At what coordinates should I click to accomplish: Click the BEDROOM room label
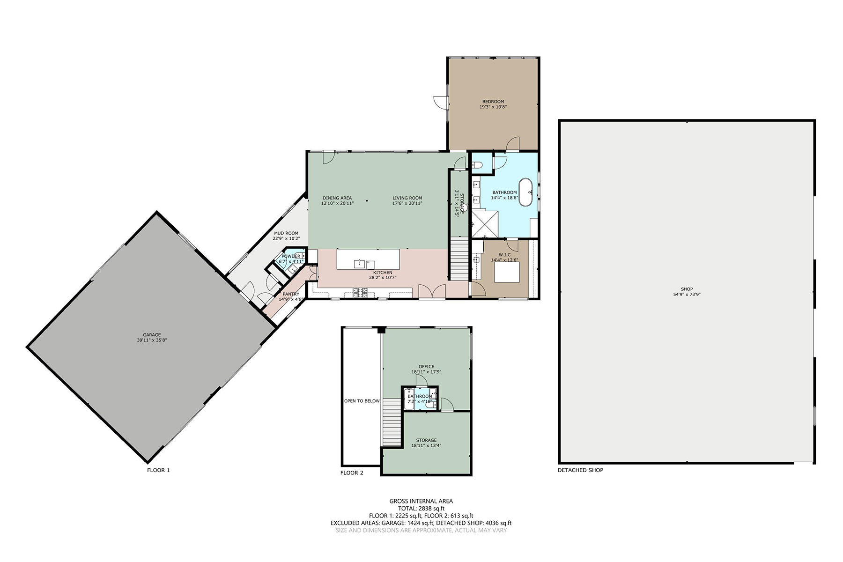(x=493, y=102)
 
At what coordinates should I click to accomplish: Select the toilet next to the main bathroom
(x=477, y=164)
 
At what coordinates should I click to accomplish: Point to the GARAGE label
(x=152, y=335)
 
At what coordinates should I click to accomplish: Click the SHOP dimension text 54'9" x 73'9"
(x=687, y=295)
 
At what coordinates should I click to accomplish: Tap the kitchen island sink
(x=359, y=263)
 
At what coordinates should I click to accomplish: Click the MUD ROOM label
(x=286, y=233)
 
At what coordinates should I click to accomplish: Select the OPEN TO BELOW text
(x=362, y=401)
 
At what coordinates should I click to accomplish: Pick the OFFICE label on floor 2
(x=426, y=367)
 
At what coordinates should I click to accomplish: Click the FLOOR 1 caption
(x=158, y=470)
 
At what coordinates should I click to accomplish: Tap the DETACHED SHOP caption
(x=580, y=470)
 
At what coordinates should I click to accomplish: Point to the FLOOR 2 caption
(x=352, y=473)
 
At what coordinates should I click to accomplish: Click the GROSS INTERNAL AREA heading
(x=421, y=501)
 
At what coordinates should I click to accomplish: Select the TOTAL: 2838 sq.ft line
(x=421, y=508)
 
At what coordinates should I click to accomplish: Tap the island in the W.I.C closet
(x=507, y=273)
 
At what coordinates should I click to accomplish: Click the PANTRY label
(x=291, y=294)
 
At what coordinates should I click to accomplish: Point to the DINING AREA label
(x=337, y=198)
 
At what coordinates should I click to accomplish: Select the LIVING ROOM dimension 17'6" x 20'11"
(x=407, y=204)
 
